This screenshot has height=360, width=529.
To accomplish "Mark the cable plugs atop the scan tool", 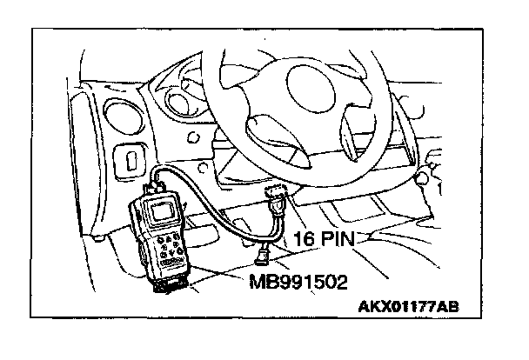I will tap(156, 180).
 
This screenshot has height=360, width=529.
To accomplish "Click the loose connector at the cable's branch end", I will tap(263, 255).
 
